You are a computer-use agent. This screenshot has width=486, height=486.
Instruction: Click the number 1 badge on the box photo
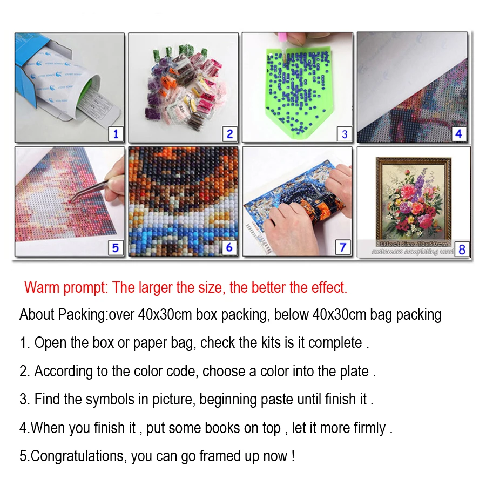(x=115, y=133)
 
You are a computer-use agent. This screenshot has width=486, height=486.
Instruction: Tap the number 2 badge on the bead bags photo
(x=229, y=133)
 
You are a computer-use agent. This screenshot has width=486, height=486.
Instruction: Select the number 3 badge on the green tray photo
(x=345, y=133)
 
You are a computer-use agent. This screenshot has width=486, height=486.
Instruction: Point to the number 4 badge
(x=458, y=133)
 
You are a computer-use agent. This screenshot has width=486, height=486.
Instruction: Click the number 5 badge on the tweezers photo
(x=115, y=247)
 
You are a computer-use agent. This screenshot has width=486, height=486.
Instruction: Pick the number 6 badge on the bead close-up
(x=229, y=247)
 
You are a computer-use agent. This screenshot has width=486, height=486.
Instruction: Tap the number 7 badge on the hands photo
(x=343, y=247)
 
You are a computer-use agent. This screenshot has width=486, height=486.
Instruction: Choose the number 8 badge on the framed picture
(x=462, y=249)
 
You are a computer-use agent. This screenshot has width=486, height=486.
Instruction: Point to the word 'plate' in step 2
(x=354, y=372)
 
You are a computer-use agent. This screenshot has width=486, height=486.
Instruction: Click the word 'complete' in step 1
(x=335, y=343)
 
